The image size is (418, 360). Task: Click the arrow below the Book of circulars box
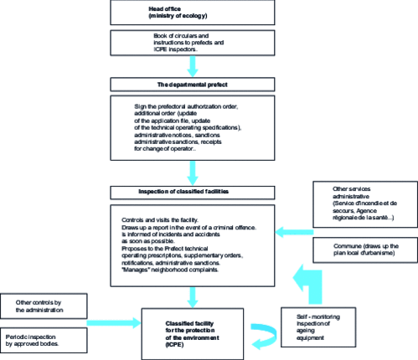(194, 65)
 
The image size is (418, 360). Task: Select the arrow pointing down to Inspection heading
(194, 172)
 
